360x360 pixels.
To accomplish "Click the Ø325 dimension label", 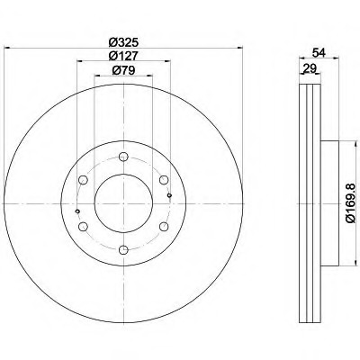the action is (123, 42).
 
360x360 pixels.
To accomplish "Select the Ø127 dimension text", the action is (123, 56).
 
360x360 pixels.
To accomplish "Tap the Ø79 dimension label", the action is (123, 70).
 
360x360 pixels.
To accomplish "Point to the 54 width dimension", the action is (319, 53).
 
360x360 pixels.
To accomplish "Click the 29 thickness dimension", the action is (310, 68).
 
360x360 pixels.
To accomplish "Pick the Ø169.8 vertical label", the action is (351, 203).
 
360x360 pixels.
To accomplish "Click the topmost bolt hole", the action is (123, 157).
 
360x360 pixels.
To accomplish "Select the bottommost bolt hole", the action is (123, 250).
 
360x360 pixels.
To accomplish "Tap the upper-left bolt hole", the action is (83, 180).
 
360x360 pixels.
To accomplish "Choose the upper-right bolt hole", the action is (164, 180).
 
